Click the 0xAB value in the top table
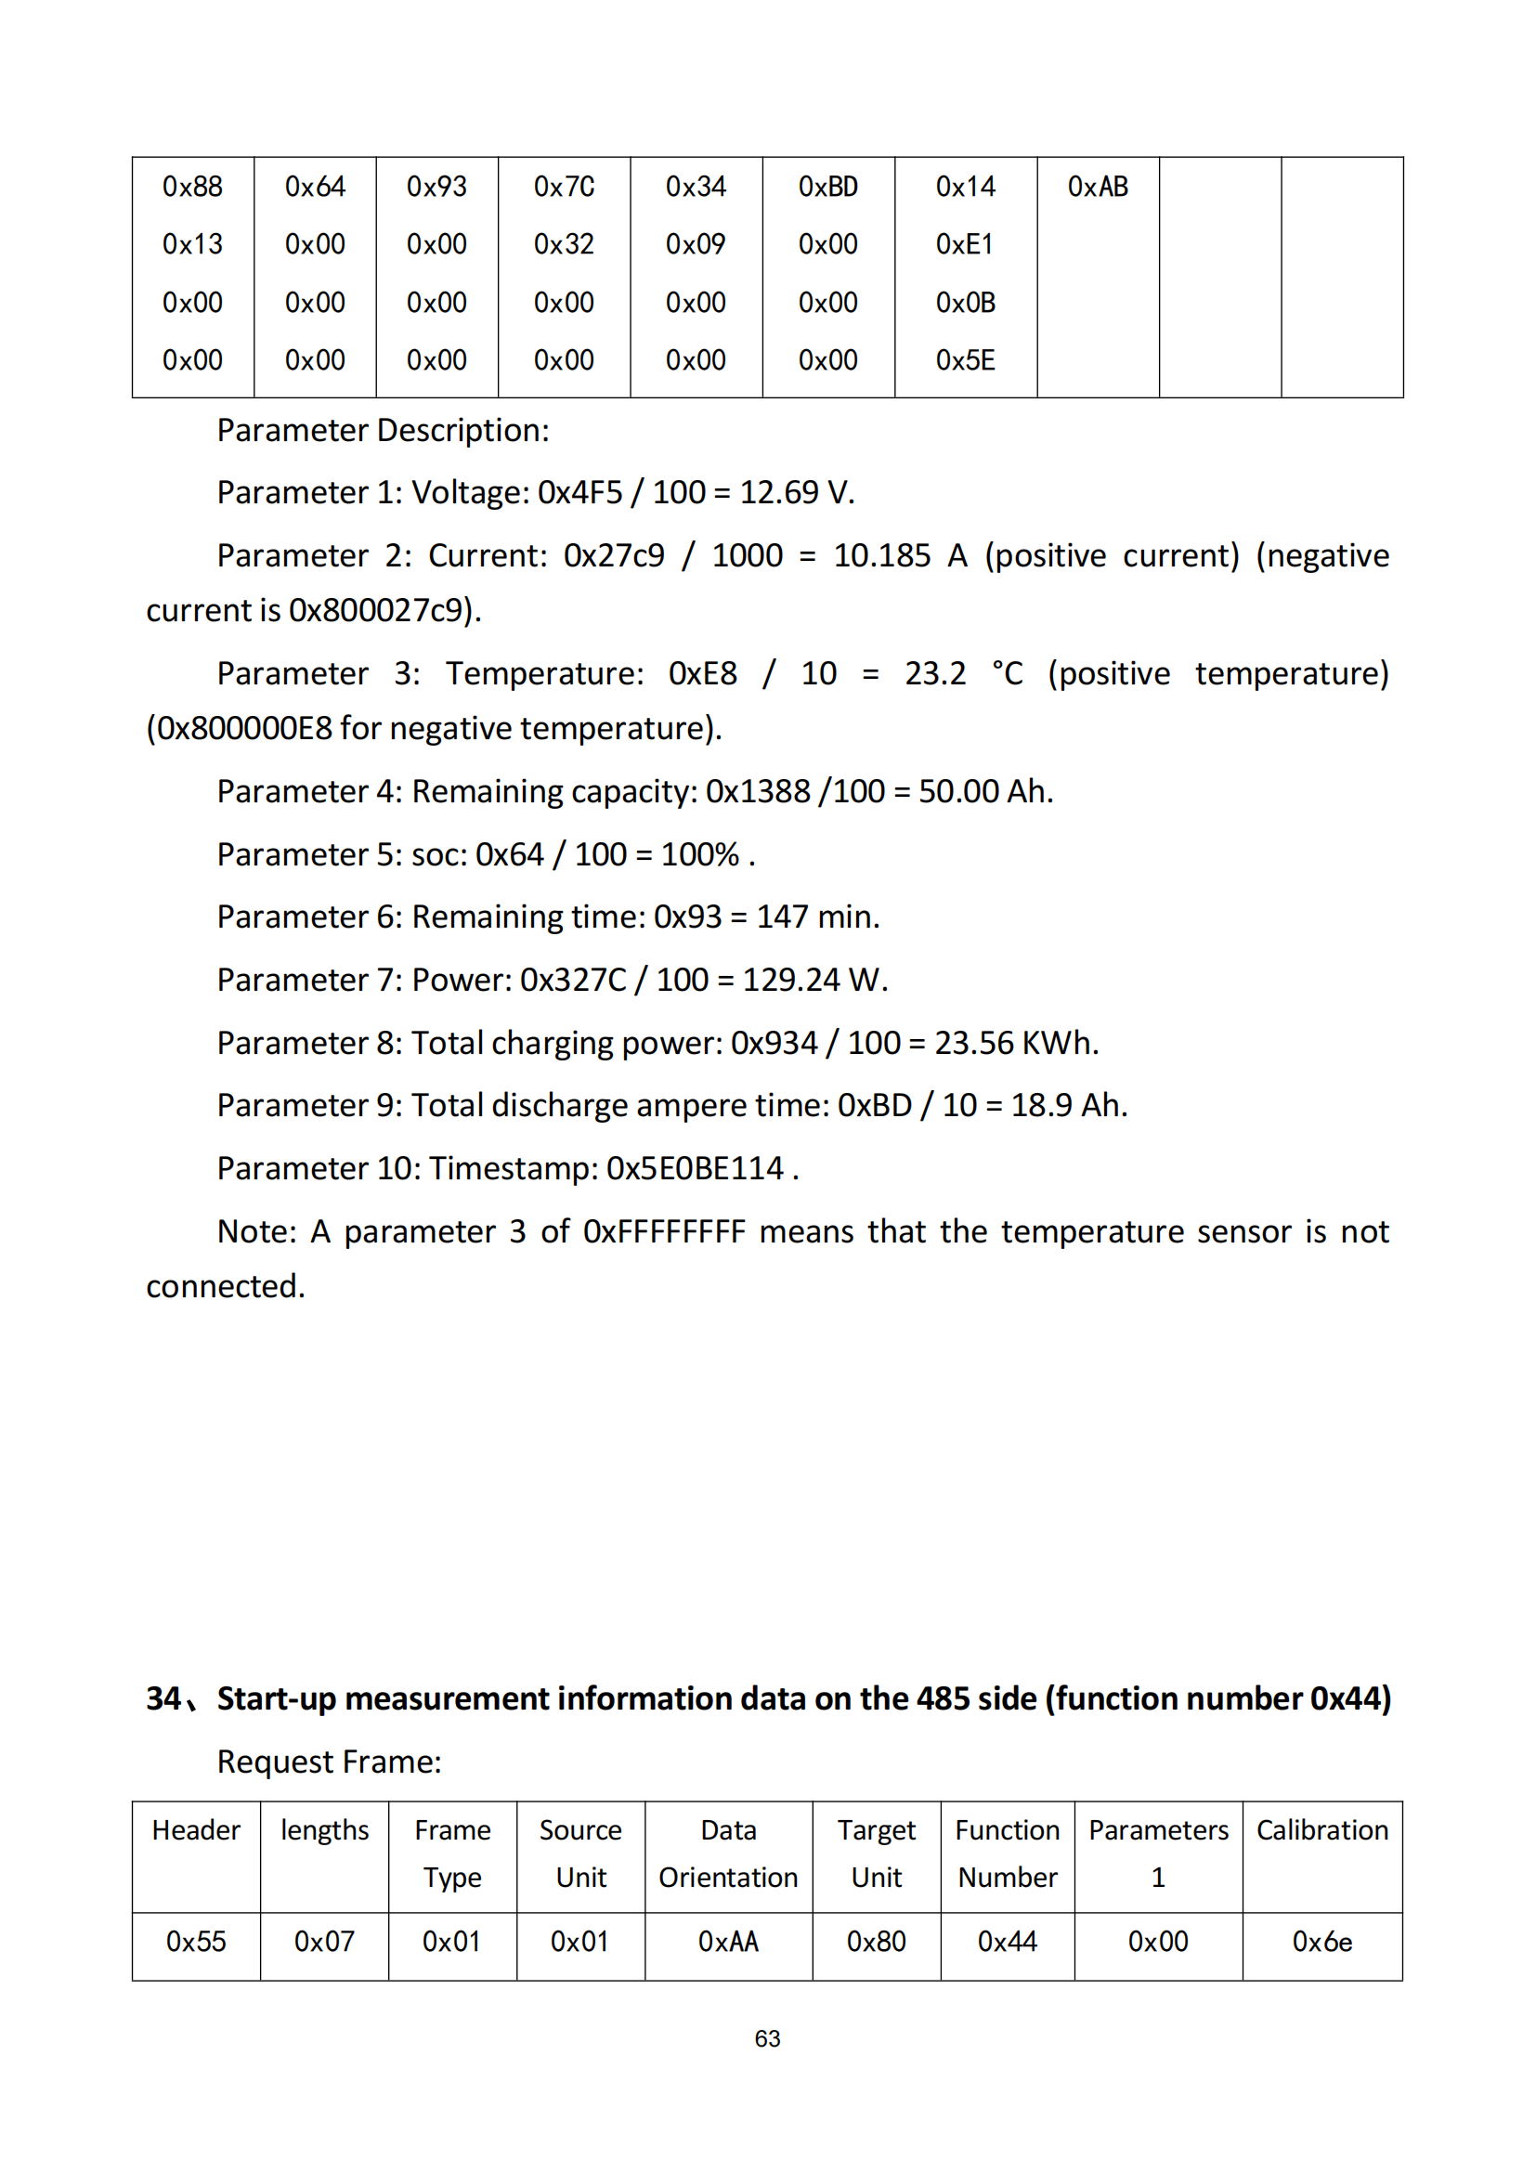coord(1097,188)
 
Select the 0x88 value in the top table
coord(192,188)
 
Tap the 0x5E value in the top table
coord(965,360)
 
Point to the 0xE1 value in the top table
coord(965,245)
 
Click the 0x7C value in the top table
coord(564,188)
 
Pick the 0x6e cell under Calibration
coord(1321,1942)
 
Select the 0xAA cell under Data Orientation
coord(728,1942)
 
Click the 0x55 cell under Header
coord(196,1942)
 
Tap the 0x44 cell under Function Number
coord(1008,1942)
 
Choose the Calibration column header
coord(1321,1830)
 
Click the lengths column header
coord(324,1830)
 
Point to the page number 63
coord(767,2038)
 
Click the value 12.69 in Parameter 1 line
coord(778,493)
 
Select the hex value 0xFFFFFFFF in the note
coord(664,1231)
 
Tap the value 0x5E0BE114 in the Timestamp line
coord(696,1169)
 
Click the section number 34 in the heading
coord(163,1699)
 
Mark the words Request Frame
coord(329,1762)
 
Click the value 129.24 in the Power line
coord(790,980)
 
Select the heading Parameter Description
coord(383,432)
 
